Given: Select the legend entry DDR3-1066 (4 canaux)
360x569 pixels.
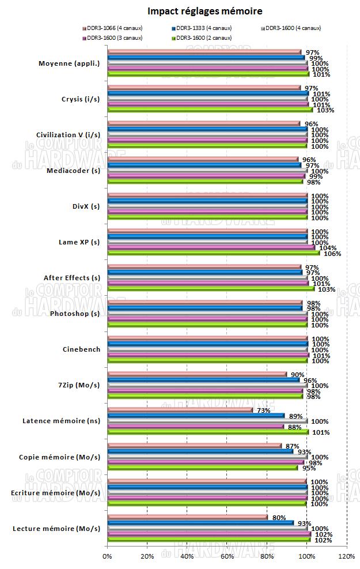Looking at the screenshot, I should point(115,28).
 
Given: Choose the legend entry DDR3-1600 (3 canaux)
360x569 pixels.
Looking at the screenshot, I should point(115,37).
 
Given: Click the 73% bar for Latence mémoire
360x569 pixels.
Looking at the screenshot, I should point(180,410).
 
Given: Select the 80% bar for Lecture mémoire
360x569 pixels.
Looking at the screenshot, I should point(188,517).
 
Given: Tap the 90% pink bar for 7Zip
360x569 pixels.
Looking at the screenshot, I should point(197,374).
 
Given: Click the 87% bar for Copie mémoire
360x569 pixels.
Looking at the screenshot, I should point(195,446).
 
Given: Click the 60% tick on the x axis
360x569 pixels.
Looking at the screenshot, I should point(227,556).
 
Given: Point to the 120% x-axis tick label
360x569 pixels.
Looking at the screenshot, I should point(347,556).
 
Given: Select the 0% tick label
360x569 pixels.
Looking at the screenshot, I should point(107,556).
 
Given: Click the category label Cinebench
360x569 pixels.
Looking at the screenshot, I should point(81,349).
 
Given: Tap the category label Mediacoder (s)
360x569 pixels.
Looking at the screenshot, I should point(73,171).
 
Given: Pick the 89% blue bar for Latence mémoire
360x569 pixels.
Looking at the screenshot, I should point(196,415).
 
